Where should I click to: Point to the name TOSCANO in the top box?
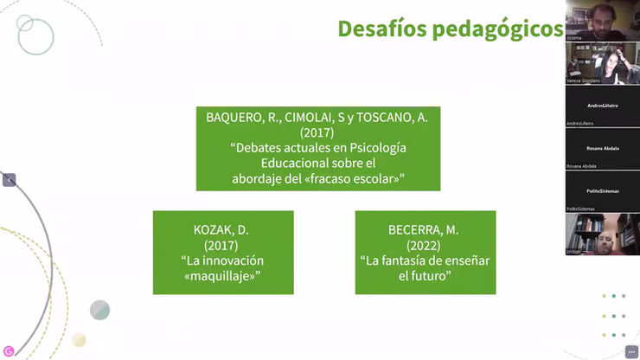[x=402, y=118]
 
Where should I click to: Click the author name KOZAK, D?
[x=223, y=230]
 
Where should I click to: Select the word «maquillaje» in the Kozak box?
[x=223, y=275]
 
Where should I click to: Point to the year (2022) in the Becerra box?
[x=426, y=245]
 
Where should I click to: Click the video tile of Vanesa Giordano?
[x=602, y=62]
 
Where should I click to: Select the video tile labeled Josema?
[x=602, y=19]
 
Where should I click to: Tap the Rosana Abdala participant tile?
[x=602, y=147]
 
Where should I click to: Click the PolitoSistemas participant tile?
[x=602, y=190]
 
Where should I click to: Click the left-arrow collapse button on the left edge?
[x=9, y=180]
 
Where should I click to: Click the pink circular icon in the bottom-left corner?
[x=9, y=350]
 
